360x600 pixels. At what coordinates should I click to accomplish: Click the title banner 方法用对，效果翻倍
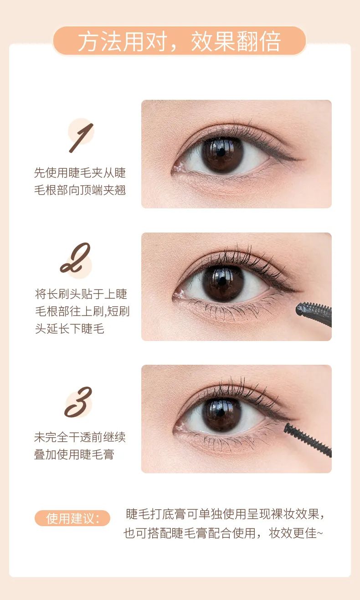[180, 41]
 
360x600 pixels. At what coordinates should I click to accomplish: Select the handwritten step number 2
[75, 258]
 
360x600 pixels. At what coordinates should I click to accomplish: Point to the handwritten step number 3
[78, 402]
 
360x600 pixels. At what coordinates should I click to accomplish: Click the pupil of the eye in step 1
[221, 152]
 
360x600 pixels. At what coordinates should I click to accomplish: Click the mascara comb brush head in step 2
[314, 314]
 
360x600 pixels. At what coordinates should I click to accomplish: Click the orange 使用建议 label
[72, 518]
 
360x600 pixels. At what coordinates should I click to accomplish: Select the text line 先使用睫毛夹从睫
[80, 173]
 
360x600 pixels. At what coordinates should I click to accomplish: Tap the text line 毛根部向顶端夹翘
[80, 190]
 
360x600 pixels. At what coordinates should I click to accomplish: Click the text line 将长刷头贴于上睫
[81, 294]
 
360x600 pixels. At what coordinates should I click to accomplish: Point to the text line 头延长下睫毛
[70, 329]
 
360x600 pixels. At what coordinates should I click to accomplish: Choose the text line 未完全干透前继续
[80, 437]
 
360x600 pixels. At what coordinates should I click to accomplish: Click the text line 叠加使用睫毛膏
[74, 454]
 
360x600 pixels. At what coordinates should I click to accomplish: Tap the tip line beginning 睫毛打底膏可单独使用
[225, 514]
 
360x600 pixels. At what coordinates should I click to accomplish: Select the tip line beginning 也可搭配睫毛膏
[223, 533]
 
